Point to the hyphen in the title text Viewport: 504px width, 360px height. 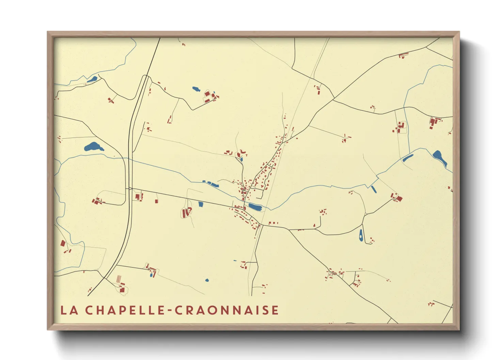170,311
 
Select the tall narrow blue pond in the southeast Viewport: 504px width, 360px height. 361,235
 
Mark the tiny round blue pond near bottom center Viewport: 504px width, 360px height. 207,280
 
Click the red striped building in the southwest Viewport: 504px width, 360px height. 119,279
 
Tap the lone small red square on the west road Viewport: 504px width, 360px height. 156,201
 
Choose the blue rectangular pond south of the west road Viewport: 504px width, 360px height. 201,204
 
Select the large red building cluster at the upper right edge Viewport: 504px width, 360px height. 434,122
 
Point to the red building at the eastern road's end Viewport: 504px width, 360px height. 398,197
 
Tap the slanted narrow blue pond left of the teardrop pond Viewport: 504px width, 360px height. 408,158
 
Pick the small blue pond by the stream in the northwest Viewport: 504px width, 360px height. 92,80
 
